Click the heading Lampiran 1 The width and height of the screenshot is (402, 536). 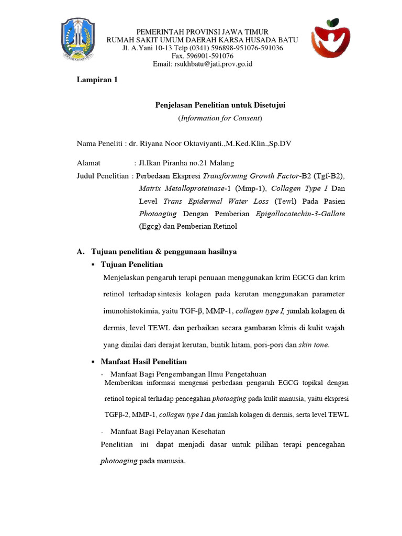(x=97, y=80)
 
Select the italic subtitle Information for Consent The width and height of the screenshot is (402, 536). (x=220, y=118)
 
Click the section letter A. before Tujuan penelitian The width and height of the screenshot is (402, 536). (x=81, y=252)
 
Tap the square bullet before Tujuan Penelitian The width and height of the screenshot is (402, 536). (x=93, y=265)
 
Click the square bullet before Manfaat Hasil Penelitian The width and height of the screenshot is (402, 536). (x=93, y=362)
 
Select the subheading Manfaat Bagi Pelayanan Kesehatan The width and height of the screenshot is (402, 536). (x=167, y=431)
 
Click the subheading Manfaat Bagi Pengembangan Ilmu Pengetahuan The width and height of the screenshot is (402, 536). (x=188, y=374)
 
